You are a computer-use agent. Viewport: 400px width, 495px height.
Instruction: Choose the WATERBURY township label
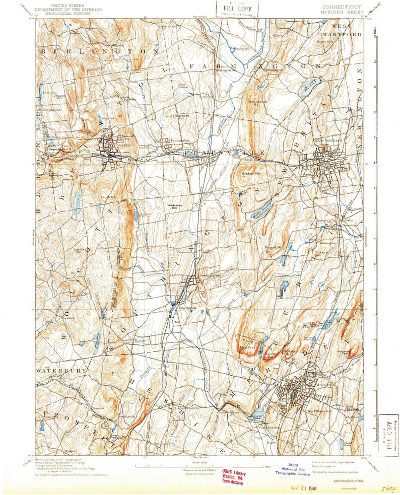(55, 370)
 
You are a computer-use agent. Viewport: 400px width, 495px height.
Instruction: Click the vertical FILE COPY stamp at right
(388, 432)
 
